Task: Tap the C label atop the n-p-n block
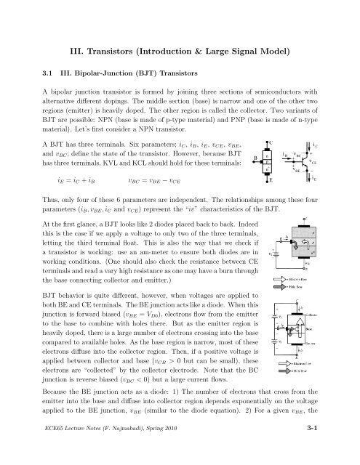point(271,143)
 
